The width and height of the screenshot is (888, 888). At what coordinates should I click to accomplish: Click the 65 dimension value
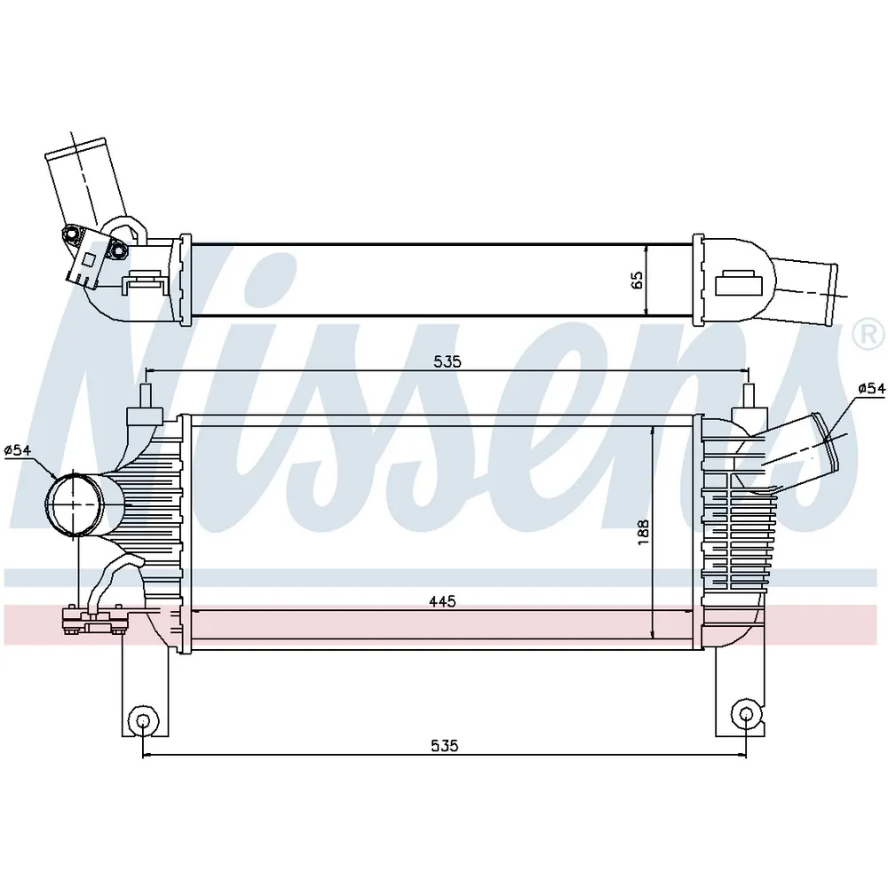click(x=637, y=280)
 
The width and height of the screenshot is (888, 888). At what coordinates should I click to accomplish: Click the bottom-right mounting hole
click(x=746, y=716)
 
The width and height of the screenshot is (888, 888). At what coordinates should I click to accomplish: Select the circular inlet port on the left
click(x=75, y=503)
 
